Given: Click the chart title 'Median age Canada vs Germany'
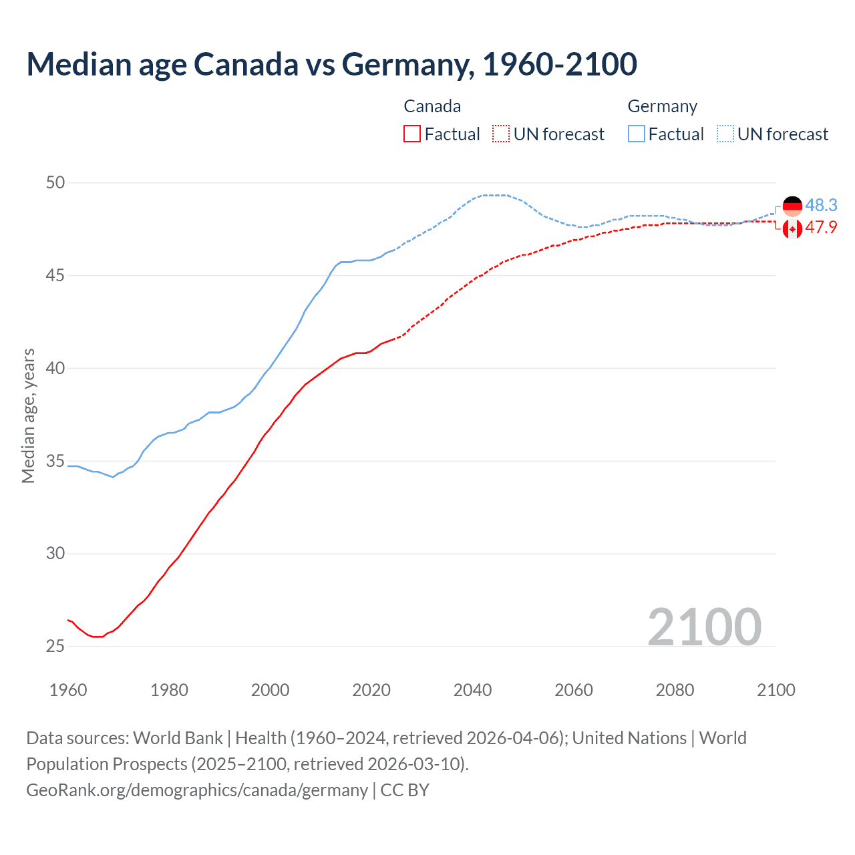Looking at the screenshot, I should [331, 64].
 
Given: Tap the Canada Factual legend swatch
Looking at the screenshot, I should [412, 134].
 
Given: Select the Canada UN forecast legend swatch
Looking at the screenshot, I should [501, 134].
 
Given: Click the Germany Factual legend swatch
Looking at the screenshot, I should [637, 134].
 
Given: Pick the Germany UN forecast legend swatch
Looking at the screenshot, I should [725, 134].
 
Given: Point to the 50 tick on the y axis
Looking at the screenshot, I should [55, 182].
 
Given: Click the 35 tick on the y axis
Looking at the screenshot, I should [55, 461].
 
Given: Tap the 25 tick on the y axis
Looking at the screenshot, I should [55, 646].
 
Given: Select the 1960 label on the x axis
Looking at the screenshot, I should [68, 690].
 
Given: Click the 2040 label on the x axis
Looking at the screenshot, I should [472, 690].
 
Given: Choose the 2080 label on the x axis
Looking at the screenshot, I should [675, 690].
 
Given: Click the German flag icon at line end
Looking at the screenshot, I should [792, 206].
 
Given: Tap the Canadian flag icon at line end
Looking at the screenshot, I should [792, 229].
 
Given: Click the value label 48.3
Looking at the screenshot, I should [821, 205].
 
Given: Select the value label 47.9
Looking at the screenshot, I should [821, 228].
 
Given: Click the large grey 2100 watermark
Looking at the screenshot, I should [704, 627].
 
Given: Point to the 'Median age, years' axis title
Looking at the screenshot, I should [28, 415].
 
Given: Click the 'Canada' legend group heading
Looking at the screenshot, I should [432, 106].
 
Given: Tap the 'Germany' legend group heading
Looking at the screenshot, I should [662, 106].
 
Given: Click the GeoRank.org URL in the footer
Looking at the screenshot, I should [197, 790].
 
